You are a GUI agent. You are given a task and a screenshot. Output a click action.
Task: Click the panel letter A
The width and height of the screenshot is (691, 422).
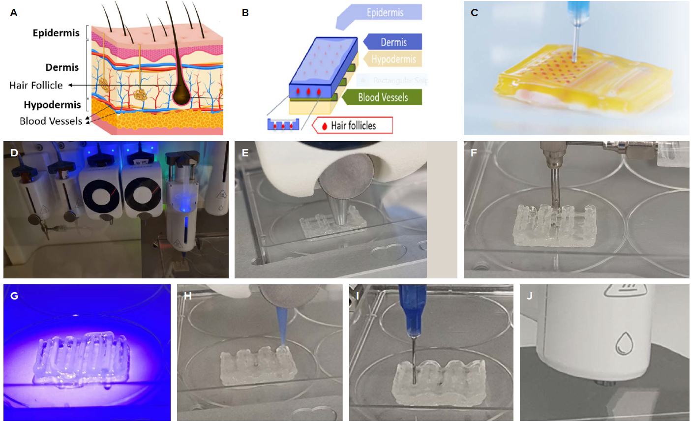point(14,13)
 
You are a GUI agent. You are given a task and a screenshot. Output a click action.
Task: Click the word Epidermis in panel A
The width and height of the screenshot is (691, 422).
point(56,33)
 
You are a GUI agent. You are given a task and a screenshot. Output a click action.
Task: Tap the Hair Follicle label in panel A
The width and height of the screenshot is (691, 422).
point(36,85)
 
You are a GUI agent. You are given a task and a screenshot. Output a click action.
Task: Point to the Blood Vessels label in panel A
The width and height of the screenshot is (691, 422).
point(51,121)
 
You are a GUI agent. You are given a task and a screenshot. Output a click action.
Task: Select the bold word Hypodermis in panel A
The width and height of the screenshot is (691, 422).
point(52,105)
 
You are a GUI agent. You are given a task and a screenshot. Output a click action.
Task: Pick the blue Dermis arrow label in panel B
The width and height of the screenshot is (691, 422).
point(393,42)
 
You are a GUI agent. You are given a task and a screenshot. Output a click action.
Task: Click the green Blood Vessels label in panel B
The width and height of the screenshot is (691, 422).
point(383,97)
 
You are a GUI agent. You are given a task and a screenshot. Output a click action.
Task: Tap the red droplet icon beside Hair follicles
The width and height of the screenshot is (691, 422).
point(325,126)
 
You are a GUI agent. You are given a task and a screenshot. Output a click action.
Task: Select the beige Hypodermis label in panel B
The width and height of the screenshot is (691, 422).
point(393,60)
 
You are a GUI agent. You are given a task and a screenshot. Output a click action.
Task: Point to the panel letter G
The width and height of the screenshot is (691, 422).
point(14,296)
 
